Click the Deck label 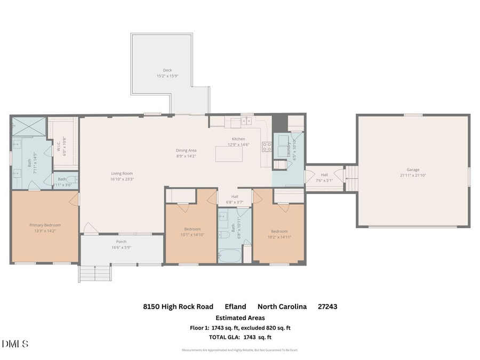pos(167,70)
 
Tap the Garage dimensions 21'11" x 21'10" pos(413,175)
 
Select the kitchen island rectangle pos(228,154)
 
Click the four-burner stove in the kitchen pos(266,147)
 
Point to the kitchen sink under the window pos(246,121)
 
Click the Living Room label pos(122,173)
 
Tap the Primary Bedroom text pos(45,225)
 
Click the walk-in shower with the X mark pos(29,127)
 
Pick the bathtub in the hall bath pos(230,254)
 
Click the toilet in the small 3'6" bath pos(72,180)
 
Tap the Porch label pos(122,242)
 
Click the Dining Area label pos(186,150)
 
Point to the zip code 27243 pos(327,307)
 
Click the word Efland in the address pos(235,307)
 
